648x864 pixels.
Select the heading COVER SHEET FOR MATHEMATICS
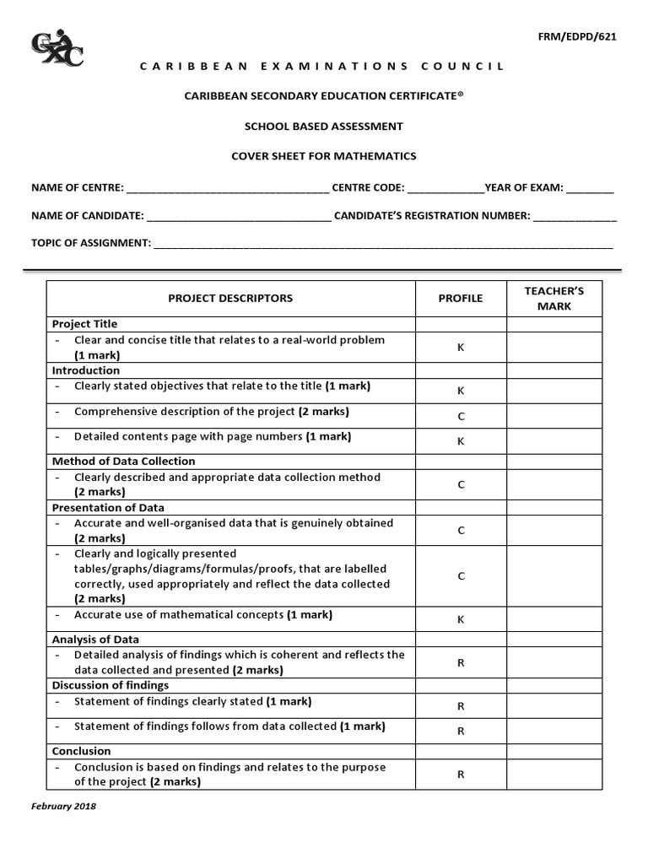point(324,156)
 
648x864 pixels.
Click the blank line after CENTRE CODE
point(445,188)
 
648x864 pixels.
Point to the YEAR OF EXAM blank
point(590,188)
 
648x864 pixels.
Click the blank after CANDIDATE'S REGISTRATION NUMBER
point(575,216)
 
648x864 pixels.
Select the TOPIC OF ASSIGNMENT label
point(91,243)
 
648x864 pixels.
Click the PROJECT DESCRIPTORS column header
point(230,298)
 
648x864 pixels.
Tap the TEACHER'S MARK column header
point(553,298)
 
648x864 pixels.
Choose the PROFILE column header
point(461,298)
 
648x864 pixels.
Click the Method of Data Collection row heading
point(123,462)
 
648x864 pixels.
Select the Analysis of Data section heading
point(96,640)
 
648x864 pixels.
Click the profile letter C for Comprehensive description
point(461,416)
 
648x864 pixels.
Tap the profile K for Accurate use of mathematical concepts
point(461,619)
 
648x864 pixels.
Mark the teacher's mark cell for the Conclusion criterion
point(553,774)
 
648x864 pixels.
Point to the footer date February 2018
point(64,806)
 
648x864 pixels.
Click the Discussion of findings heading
point(111,685)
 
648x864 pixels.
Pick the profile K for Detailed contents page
point(461,441)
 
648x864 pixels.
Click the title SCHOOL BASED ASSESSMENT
point(324,127)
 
